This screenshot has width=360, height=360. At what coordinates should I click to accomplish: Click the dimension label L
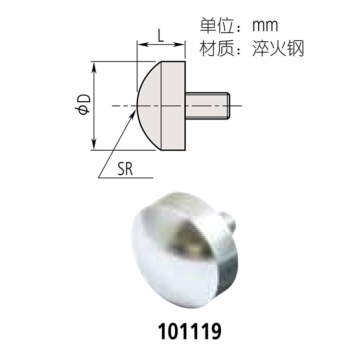[161, 36]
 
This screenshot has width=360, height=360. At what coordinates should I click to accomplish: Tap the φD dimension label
[83, 105]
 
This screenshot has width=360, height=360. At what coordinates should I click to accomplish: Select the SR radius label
[125, 169]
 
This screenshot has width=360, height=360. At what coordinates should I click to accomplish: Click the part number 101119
[190, 331]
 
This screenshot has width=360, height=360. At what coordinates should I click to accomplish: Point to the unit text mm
[265, 26]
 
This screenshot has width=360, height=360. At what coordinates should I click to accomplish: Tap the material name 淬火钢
[278, 48]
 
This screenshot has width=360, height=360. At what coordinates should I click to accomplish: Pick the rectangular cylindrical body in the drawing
[173, 106]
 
